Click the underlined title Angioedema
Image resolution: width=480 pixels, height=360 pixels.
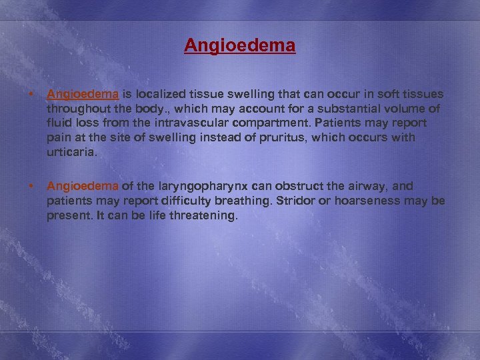tap(240, 46)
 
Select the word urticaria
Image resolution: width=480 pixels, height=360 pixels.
tap(71, 152)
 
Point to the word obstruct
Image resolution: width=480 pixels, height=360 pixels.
tap(280, 187)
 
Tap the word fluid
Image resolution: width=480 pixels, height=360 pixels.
tap(60, 123)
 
